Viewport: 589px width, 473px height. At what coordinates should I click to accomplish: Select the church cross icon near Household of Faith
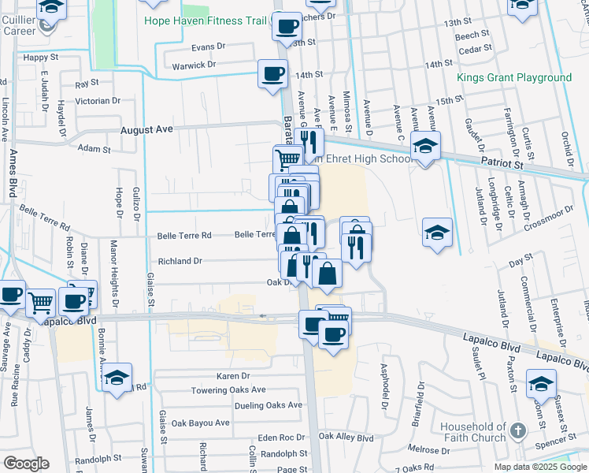coord(517,430)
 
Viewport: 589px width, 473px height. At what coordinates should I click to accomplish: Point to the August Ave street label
coord(146,128)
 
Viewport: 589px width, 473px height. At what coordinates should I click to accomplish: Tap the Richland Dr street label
coord(180,261)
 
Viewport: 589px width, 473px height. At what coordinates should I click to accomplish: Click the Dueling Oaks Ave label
coord(269,405)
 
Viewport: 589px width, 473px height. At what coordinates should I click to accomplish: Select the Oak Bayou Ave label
coord(201,423)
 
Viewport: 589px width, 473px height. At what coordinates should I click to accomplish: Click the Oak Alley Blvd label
coord(346,437)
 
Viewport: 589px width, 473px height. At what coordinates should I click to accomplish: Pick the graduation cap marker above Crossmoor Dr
coord(438,232)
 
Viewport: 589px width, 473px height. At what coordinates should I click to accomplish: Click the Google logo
coord(27,464)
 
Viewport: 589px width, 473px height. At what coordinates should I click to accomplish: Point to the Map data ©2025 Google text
coord(540,467)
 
